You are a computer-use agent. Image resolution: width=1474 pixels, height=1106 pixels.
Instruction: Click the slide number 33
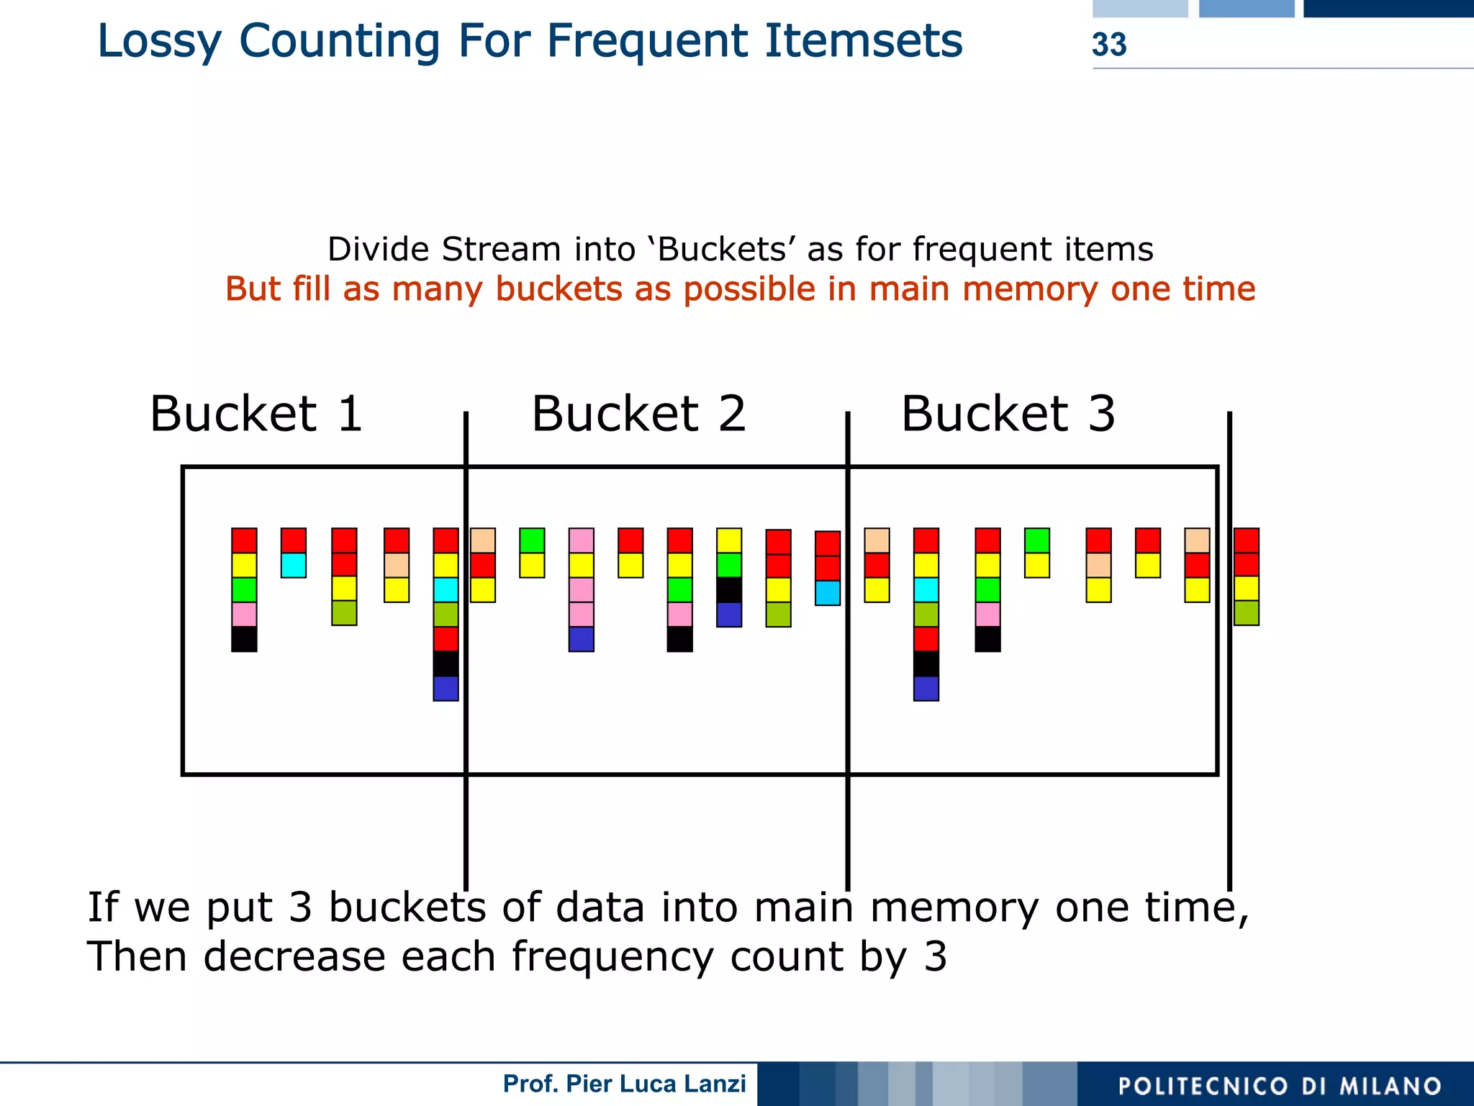coord(1108,45)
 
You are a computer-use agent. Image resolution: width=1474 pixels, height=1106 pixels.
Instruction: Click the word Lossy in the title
coord(159,42)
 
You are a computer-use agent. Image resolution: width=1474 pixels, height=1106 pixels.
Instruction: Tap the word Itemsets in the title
coord(863,41)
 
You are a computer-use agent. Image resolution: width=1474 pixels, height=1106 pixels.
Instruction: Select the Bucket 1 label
coord(256,414)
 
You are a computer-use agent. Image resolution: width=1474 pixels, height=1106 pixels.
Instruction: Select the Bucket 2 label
coord(638,414)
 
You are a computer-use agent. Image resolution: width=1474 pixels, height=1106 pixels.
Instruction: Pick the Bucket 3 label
coord(1008,414)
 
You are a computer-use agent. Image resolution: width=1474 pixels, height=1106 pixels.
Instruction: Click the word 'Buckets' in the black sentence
coord(721,250)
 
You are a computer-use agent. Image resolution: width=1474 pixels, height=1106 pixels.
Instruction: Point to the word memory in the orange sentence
coord(1029,289)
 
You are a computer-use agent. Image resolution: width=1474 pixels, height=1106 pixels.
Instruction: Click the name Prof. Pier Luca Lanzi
coord(624,1084)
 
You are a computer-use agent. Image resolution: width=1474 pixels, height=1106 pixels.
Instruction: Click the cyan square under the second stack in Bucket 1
coord(294,565)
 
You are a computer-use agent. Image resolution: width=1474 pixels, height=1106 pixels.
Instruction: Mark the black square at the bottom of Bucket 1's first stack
coord(244,639)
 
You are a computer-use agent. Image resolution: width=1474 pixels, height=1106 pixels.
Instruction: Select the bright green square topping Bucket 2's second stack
coord(532,540)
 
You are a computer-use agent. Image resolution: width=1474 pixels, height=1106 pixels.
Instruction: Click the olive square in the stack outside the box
coord(1246,613)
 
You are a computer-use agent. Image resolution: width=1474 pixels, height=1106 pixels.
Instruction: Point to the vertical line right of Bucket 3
coord(1229,648)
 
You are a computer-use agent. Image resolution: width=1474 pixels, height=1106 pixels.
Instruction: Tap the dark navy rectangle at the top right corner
coord(1388,8)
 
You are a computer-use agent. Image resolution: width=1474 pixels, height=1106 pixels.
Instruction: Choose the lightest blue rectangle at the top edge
coord(1140,8)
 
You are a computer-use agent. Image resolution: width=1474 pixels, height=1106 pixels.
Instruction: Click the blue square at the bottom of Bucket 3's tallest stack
coord(926,689)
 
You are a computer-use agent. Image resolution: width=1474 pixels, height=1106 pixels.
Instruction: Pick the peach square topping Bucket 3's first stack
coord(877,540)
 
